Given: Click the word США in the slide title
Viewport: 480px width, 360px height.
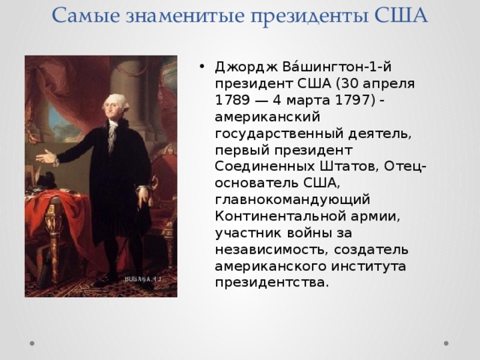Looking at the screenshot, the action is pos(400,15).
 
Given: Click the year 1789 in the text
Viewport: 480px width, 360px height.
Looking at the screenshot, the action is pos(232,100).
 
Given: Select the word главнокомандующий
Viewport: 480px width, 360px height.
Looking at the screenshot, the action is pos(292,200).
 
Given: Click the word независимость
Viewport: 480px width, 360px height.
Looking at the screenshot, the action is pos(270,250).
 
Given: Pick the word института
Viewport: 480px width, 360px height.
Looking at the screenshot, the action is pos(368,266).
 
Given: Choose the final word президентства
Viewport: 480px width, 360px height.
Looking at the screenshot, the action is pos(271,283).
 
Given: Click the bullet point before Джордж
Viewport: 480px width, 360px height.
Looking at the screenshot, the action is pos(201,67).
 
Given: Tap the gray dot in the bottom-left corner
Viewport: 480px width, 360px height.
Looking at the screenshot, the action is pos(32,343).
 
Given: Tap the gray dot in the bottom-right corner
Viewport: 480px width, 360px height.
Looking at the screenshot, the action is pos(446,343).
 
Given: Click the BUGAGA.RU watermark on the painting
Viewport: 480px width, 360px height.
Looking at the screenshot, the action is pos(142,279).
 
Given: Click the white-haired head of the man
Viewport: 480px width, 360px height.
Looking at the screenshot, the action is pos(115,106).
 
